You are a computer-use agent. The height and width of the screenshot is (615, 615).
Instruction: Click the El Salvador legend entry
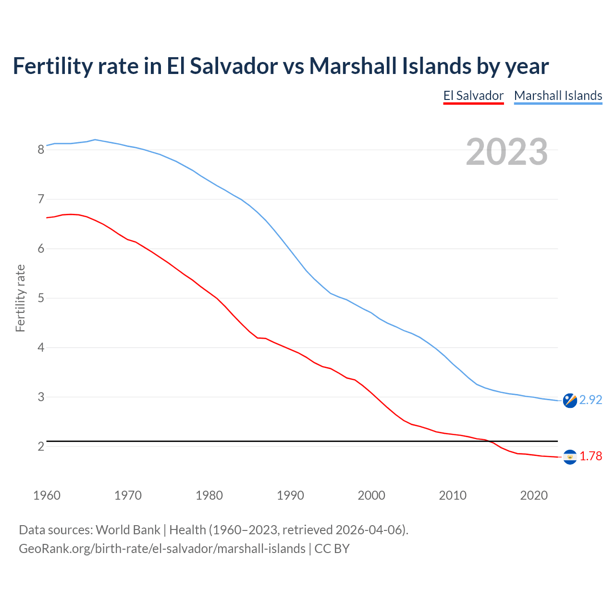473,96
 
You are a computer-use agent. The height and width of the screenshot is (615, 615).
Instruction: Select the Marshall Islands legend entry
558,96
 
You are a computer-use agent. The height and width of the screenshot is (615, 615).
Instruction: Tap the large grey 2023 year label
506,152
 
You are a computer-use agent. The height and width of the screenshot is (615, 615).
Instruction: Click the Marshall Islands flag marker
570,400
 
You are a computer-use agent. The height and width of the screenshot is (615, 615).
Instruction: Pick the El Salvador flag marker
570,456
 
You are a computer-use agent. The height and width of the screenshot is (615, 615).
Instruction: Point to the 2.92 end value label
590,400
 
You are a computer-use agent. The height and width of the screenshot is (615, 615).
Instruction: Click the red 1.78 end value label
590,456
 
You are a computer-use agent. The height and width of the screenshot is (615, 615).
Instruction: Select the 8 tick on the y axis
41,149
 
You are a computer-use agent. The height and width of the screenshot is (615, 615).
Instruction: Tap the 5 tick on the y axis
41,298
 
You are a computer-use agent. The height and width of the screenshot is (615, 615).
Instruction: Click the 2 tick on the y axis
41,446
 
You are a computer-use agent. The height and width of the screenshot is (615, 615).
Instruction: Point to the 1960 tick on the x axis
47,495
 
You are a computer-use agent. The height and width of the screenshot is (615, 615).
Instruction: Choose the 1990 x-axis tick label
290,495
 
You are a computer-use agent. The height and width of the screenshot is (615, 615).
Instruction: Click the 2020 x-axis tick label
534,495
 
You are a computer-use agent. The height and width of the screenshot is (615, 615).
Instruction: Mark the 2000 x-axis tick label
371,495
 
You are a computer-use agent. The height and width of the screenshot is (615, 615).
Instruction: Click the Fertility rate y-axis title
20,298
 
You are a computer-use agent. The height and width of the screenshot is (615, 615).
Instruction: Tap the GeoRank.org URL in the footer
162,548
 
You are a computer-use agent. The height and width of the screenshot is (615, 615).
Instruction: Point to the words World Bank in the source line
128,529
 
